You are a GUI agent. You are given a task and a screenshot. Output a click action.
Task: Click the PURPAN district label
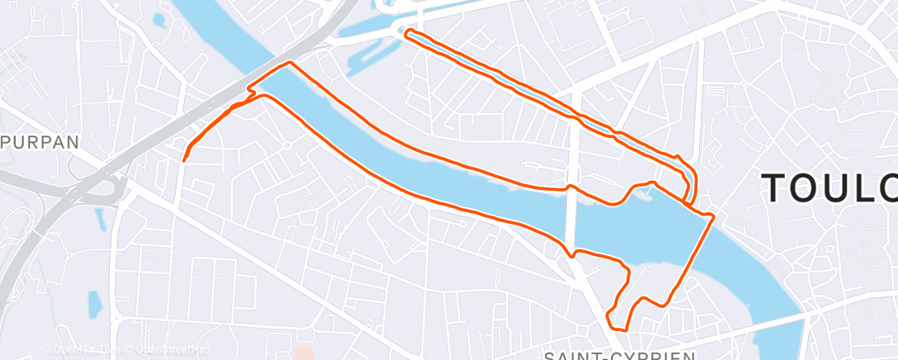point(40,141)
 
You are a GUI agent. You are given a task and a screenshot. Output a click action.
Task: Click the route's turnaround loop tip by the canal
point(406,32)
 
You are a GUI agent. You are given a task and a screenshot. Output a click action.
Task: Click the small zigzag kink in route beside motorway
point(247,98)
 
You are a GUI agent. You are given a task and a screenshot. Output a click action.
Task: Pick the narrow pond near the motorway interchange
point(101,219)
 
